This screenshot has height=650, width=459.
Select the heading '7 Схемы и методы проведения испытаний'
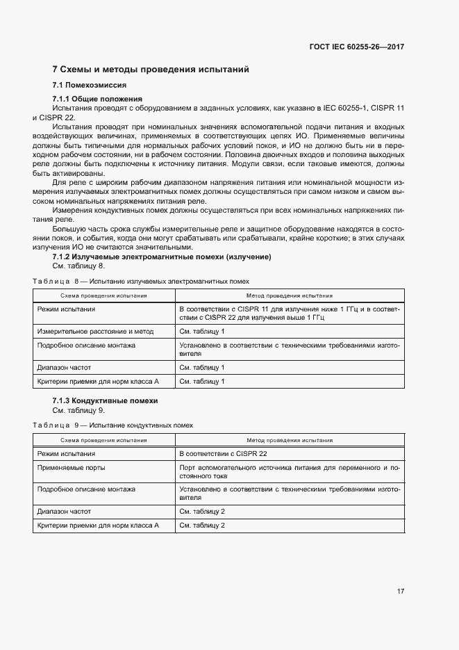pyautogui.click(x=150, y=70)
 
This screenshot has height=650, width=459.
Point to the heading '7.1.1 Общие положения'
pyautogui.click(x=97, y=99)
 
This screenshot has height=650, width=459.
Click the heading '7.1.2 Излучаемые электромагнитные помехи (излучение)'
pyautogui.click(x=161, y=257)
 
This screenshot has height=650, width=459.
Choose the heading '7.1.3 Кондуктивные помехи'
pyautogui.click(x=105, y=401)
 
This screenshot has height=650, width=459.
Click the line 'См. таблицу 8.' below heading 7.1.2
pyautogui.click(x=78, y=266)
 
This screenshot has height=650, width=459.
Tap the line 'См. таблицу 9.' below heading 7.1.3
pyautogui.click(x=78, y=410)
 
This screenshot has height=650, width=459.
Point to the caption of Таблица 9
pyautogui.click(x=112, y=425)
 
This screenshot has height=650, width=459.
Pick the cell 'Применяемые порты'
pyautogui.click(x=69, y=468)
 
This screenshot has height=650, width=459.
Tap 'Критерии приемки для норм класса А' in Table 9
pyautogui.click(x=98, y=526)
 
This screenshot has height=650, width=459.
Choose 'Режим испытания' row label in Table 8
pyautogui.click(x=66, y=309)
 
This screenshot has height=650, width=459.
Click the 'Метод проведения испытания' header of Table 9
pyautogui.click(x=290, y=439)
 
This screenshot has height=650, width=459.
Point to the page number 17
pyautogui.click(x=401, y=591)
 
